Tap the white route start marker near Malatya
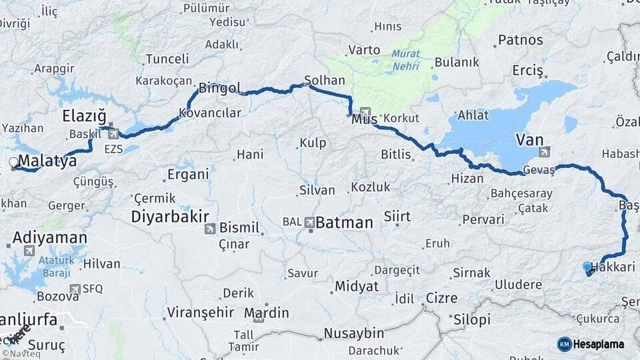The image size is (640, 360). pyautogui.click(x=13, y=162)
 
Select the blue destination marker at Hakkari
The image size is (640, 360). pyautogui.click(x=587, y=267)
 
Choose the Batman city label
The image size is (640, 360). pyautogui.click(x=344, y=223)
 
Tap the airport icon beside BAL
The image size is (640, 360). pyautogui.click(x=309, y=222)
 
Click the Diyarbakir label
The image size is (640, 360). pyautogui.click(x=170, y=216)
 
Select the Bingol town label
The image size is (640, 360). pyautogui.click(x=219, y=87)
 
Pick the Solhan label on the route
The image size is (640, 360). pyautogui.click(x=325, y=80)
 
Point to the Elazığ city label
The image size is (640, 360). pyautogui.click(x=83, y=117)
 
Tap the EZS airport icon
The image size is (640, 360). pyautogui.click(x=113, y=134)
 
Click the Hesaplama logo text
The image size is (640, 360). pyautogui.click(x=599, y=344)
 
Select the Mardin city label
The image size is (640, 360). pyautogui.click(x=267, y=313)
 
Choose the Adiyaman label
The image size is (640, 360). pyautogui.click(x=50, y=237)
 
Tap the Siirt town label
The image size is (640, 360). pyautogui.click(x=397, y=217)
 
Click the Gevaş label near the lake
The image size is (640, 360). pyautogui.click(x=539, y=170)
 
